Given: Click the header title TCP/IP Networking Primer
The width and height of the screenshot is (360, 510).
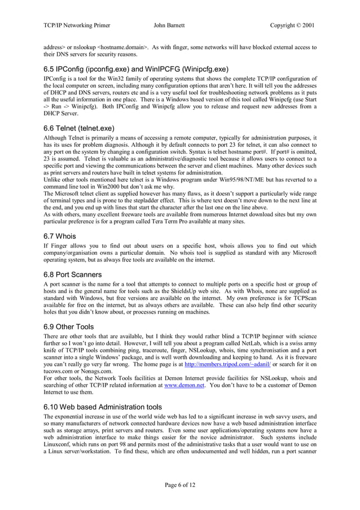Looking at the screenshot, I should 76,25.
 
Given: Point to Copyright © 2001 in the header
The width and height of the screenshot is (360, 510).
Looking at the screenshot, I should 292,25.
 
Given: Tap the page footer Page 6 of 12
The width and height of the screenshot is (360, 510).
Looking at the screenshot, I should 180,485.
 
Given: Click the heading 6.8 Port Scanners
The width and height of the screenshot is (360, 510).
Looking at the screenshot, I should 72,274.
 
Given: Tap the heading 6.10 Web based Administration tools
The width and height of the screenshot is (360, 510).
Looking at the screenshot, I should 103,407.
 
